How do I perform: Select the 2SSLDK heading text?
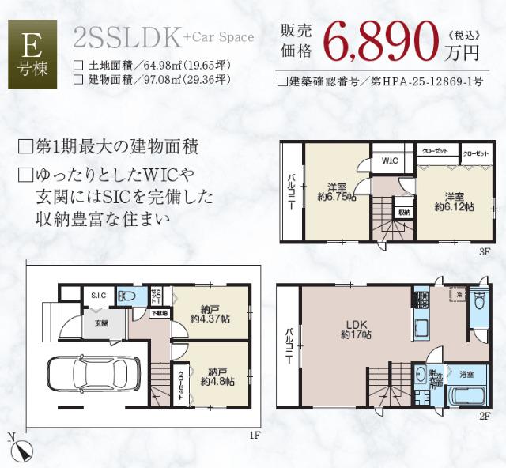point(126,36)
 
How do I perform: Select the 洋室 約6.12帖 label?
point(454,201)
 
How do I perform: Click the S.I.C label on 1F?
point(98,296)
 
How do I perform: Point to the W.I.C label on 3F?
point(389,161)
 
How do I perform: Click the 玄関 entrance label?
point(102,323)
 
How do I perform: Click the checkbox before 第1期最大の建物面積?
point(25,147)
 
